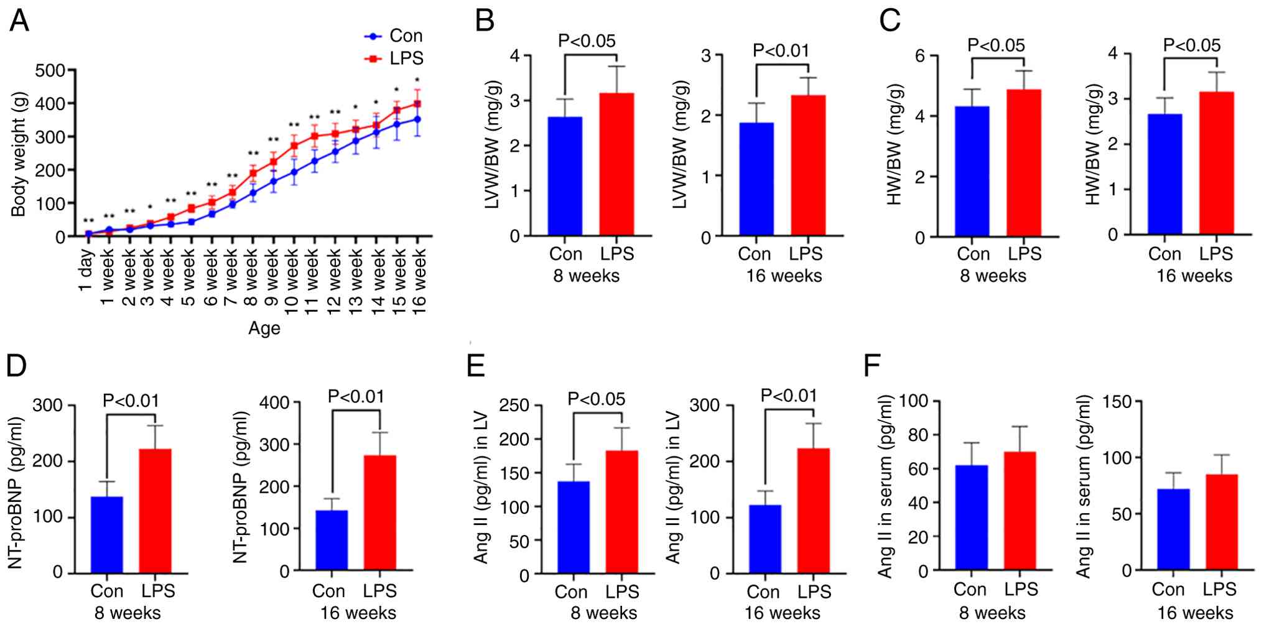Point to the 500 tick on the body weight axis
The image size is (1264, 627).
coord(50,70)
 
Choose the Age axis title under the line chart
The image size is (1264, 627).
coord(264,328)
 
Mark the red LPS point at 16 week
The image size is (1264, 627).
coord(417,104)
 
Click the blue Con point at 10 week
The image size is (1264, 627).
coord(294,172)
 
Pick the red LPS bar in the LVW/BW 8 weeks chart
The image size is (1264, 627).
coord(616,164)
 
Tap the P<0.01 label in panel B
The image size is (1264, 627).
coord(781,50)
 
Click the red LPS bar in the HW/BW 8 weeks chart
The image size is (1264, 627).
coord(1023,163)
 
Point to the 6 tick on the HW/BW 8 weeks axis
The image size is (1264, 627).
coord(920,55)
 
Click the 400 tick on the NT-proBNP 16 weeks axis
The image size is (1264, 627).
coord(275,402)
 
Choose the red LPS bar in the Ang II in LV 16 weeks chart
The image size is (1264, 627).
coord(814,510)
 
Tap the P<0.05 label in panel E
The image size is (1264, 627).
coord(596,399)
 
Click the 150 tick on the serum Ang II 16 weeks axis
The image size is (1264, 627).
coord(1118,402)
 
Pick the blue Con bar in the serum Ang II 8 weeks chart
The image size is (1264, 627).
coord(971,518)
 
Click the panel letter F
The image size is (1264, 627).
coord(872,366)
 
